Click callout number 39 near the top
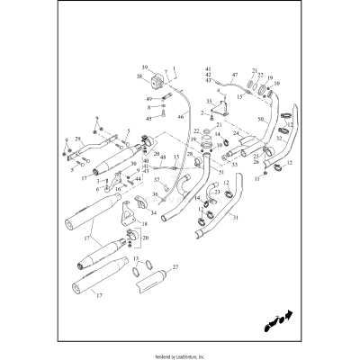(144, 68)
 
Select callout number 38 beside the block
(140, 78)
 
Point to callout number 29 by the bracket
(78, 140)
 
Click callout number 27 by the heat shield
(175, 267)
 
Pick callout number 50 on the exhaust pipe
(261, 120)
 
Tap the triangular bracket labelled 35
(219, 111)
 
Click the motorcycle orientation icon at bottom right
(279, 318)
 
